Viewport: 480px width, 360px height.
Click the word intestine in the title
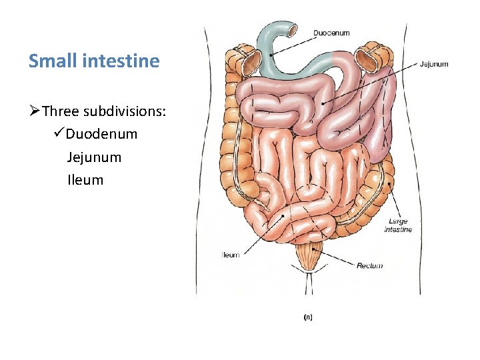pyautogui.click(x=121, y=61)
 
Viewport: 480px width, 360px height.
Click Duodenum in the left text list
pyautogui.click(x=102, y=134)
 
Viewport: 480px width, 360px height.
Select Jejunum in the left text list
pyautogui.click(x=94, y=157)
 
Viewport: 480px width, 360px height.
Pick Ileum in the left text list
pyautogui.click(x=85, y=180)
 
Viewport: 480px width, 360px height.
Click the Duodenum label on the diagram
pyautogui.click(x=331, y=33)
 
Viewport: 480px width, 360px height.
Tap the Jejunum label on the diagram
pyautogui.click(x=434, y=65)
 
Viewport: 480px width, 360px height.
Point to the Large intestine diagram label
pyautogui.click(x=398, y=225)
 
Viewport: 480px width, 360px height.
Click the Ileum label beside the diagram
pyautogui.click(x=230, y=255)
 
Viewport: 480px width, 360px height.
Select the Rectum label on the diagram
pyautogui.click(x=369, y=265)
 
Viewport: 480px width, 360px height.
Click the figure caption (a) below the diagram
pyautogui.click(x=308, y=317)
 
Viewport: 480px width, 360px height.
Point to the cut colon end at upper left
pyautogui.click(x=251, y=62)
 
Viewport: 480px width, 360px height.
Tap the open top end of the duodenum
pyautogui.click(x=291, y=30)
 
